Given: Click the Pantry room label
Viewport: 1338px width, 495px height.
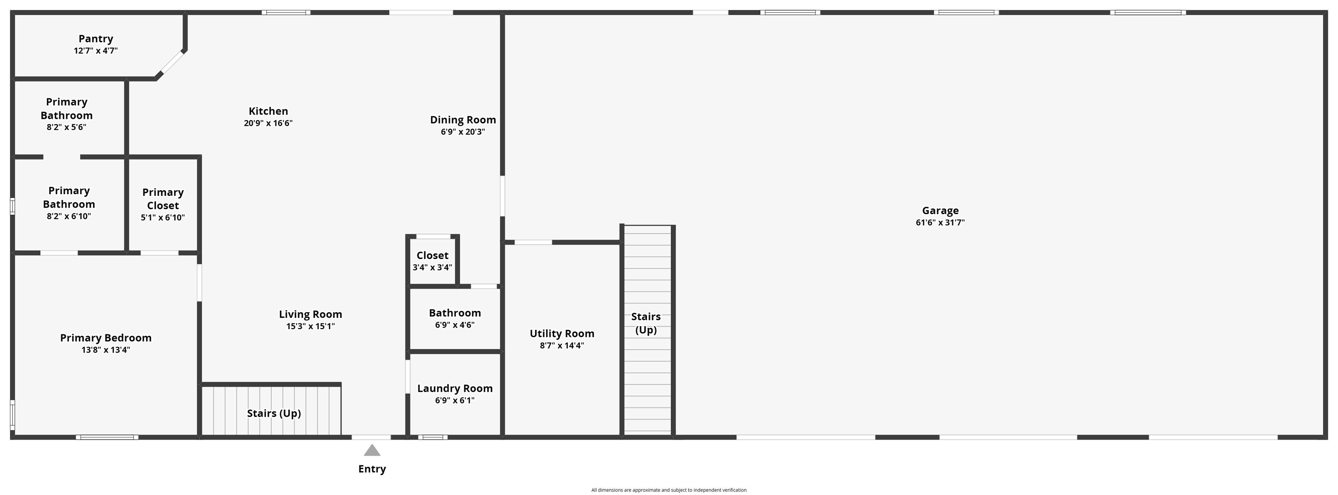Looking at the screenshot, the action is [x=95, y=39].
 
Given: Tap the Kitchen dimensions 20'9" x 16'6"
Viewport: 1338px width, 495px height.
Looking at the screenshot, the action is [x=268, y=123].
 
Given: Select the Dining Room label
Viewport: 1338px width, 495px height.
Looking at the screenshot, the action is [x=463, y=120].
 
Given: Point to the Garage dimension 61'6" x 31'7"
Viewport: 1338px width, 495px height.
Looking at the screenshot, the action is [x=940, y=222].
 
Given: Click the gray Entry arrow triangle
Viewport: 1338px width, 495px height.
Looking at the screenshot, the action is [x=372, y=450].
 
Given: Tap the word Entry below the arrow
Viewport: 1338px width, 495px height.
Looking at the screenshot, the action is [x=372, y=469].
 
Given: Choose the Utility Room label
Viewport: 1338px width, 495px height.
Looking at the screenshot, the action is [x=561, y=333].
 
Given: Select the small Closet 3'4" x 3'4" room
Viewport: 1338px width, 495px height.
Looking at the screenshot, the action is [x=432, y=261].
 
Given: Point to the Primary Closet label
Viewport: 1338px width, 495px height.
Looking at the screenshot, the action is [x=162, y=199].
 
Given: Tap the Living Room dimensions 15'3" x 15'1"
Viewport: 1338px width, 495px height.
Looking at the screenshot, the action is [x=310, y=326].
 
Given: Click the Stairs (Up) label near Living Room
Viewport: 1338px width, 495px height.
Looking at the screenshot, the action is [x=274, y=414].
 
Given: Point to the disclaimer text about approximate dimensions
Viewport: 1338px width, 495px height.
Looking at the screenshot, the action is [x=669, y=490].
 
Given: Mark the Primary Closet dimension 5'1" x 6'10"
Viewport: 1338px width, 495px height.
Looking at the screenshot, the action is [x=162, y=218].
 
